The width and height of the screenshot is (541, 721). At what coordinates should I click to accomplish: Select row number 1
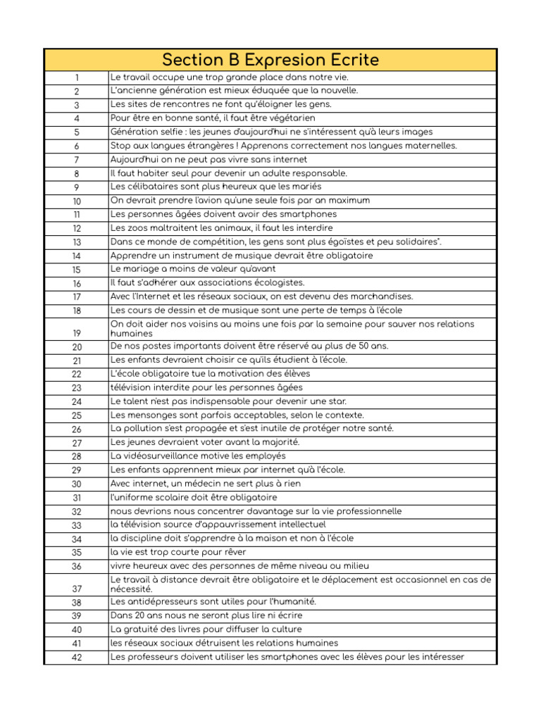(76, 78)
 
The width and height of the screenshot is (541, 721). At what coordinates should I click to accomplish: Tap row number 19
(76, 333)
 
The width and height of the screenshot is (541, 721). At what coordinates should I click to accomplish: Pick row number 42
(76, 658)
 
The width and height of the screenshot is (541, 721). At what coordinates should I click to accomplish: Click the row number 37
(76, 589)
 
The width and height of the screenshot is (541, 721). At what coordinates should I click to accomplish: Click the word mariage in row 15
(146, 269)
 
